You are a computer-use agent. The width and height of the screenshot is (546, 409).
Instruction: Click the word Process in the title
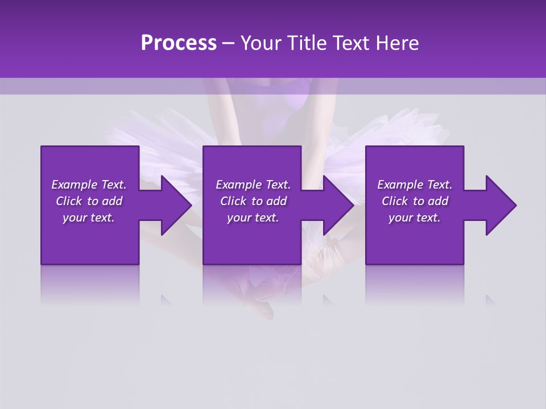pyautogui.click(x=179, y=43)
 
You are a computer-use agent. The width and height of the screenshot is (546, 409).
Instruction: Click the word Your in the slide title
pyautogui.click(x=260, y=43)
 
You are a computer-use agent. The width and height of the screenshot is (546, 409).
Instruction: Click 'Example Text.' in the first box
pyautogui.click(x=89, y=185)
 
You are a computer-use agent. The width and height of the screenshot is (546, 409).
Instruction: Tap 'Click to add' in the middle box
pyautogui.click(x=253, y=201)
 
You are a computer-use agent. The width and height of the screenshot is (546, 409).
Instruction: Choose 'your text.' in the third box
pyautogui.click(x=415, y=218)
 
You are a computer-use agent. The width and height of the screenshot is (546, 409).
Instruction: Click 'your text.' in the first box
pyautogui.click(x=89, y=218)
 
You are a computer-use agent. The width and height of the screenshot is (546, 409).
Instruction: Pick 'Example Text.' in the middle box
pyautogui.click(x=253, y=185)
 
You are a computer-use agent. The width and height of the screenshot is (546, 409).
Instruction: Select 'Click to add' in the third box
pyautogui.click(x=415, y=201)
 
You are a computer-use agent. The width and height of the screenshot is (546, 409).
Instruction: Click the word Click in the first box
pyautogui.click(x=69, y=201)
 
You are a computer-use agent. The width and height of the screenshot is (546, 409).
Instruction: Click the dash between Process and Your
pyautogui.click(x=229, y=43)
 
